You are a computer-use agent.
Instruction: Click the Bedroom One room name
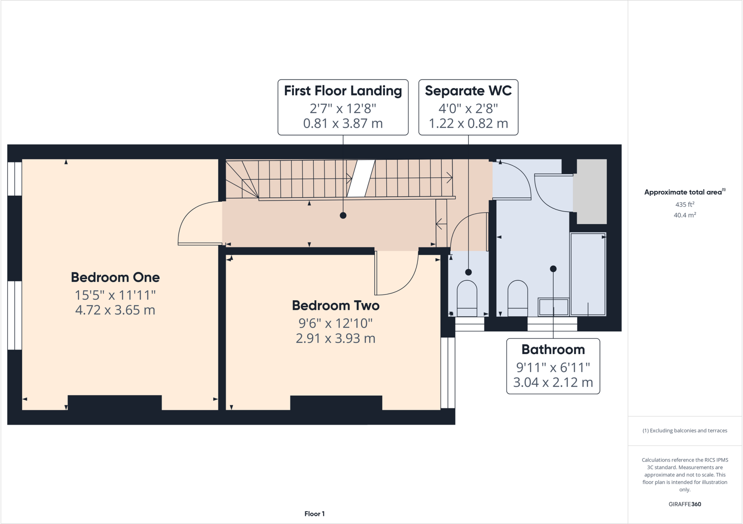pos(115,277)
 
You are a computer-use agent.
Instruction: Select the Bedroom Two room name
pos(336,305)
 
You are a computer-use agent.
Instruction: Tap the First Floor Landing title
pos(343,91)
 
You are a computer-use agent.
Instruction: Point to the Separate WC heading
pos(468,91)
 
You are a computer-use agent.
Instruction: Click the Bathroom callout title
pos(553,349)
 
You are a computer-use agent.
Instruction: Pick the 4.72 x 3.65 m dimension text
pos(115,310)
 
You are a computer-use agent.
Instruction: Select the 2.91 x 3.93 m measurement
pos(336,338)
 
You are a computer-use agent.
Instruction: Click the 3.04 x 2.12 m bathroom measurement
pos(553,382)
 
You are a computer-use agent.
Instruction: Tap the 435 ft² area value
pos(685,204)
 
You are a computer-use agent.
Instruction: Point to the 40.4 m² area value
pos(685,215)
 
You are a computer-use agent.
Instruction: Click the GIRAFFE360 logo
pos(685,504)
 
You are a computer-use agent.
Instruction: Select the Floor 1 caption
pos(315,513)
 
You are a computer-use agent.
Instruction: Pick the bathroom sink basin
pos(553,307)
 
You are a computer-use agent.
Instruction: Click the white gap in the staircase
pos(361,178)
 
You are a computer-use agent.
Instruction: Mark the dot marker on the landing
pos(343,215)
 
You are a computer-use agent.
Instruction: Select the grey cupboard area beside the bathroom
pos(592,191)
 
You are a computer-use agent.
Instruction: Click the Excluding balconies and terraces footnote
pos(685,431)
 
